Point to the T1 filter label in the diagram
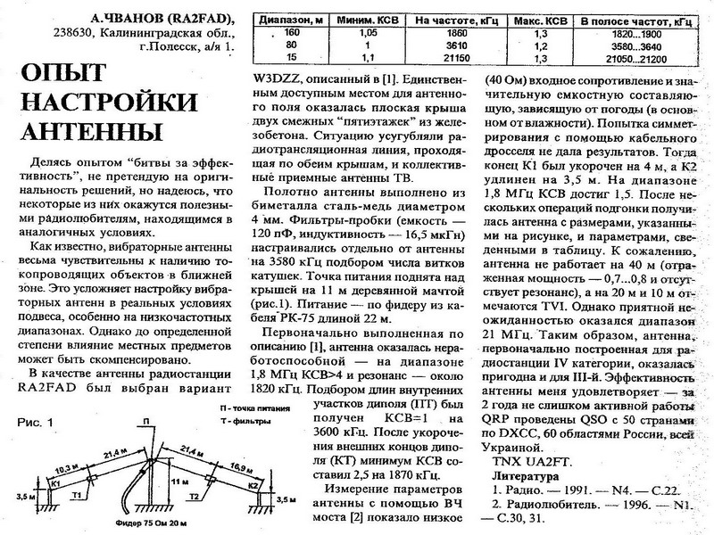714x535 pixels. tap(78, 493)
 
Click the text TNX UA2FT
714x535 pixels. tap(527, 461)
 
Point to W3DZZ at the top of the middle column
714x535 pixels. tap(278, 82)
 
